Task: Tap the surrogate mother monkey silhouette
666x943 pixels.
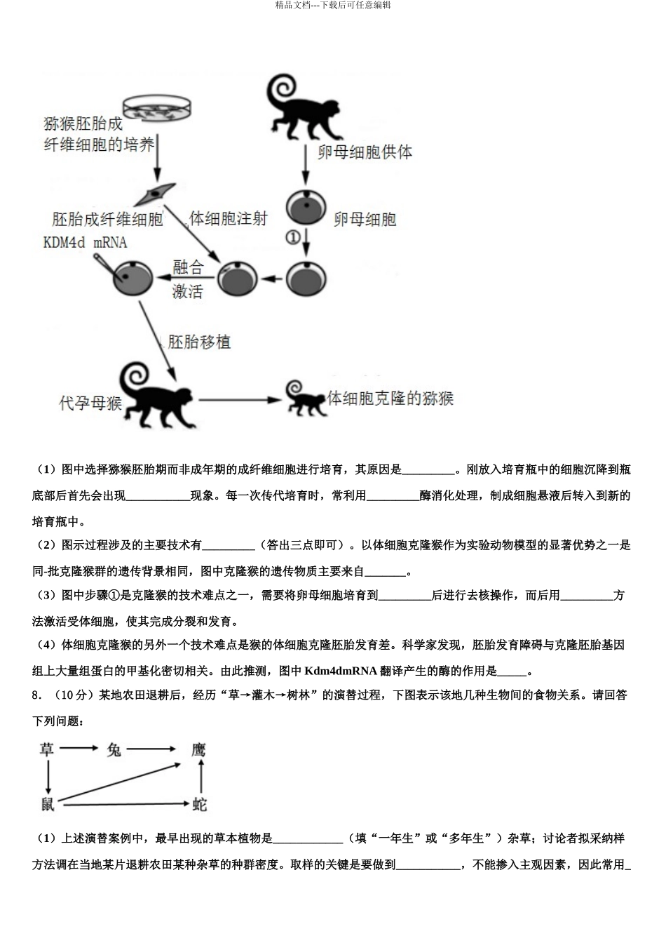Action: tap(152, 396)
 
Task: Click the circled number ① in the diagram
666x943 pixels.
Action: tap(293, 237)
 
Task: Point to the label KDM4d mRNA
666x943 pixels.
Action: tap(85, 243)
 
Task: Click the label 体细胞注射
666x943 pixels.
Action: tap(229, 219)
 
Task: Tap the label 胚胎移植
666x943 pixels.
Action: tap(199, 342)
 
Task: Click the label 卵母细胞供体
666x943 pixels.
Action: tap(365, 152)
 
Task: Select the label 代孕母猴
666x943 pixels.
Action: tap(91, 403)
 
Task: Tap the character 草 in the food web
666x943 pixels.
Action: tap(47, 749)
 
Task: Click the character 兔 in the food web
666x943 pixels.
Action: tap(114, 749)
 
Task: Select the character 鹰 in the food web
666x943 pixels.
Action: tap(199, 749)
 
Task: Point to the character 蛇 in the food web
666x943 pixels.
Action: tap(200, 804)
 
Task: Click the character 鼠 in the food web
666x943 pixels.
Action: tap(47, 804)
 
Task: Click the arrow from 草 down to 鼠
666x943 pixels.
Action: tap(47, 777)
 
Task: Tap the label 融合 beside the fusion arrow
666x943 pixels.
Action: tap(187, 267)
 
